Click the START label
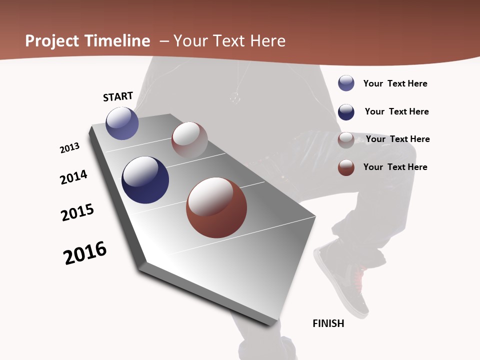[118, 96]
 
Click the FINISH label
[328, 323]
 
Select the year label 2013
[69, 148]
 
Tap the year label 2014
[73, 177]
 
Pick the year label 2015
[77, 212]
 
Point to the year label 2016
[85, 253]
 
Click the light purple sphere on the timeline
[122, 123]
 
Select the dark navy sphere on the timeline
[145, 180]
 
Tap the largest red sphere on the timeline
[216, 207]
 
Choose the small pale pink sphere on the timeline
[189, 139]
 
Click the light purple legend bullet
[346, 83]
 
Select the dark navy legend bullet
[346, 112]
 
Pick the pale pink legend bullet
[346, 140]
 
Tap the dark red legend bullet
[346, 167]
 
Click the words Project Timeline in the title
[87, 41]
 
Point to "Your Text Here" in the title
[229, 41]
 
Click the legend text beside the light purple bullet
[395, 83]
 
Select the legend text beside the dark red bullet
[395, 167]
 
